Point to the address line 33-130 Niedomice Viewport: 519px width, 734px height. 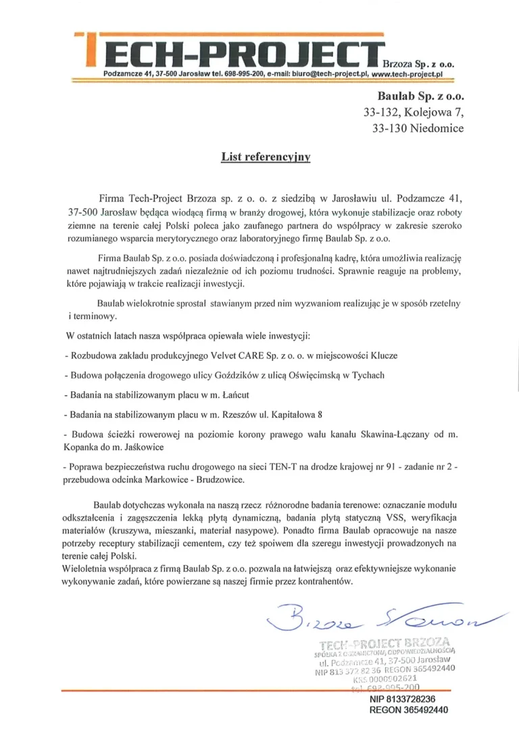[418, 128]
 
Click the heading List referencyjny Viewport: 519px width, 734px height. [266, 157]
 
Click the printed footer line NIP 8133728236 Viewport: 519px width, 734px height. [402, 700]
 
